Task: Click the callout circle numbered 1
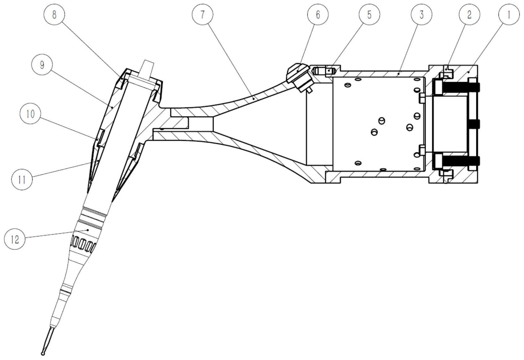click(x=508, y=15)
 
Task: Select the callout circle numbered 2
click(x=469, y=15)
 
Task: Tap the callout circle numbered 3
click(x=421, y=15)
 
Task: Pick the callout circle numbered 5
click(x=369, y=15)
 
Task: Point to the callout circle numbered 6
click(x=318, y=15)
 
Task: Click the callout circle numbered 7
click(x=202, y=15)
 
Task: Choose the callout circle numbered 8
click(x=54, y=15)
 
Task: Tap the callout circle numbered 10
click(x=30, y=114)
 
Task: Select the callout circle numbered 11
click(x=22, y=179)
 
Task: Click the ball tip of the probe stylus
click(x=43, y=353)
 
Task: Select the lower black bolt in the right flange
click(x=460, y=160)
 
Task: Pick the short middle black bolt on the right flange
click(x=473, y=124)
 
